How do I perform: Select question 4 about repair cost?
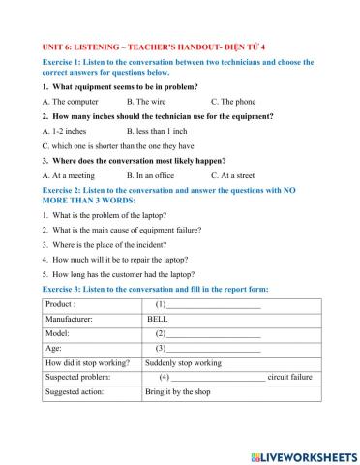115,259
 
